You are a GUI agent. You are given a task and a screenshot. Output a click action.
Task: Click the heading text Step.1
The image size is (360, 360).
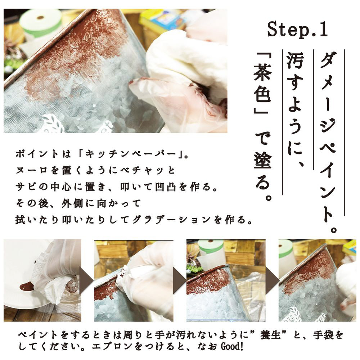pyautogui.click(x=298, y=29)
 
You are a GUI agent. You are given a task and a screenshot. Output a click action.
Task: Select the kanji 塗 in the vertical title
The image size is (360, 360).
pyautogui.click(x=262, y=160)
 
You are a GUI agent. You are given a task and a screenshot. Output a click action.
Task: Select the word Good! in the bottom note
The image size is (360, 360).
pyautogui.click(x=231, y=346)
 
